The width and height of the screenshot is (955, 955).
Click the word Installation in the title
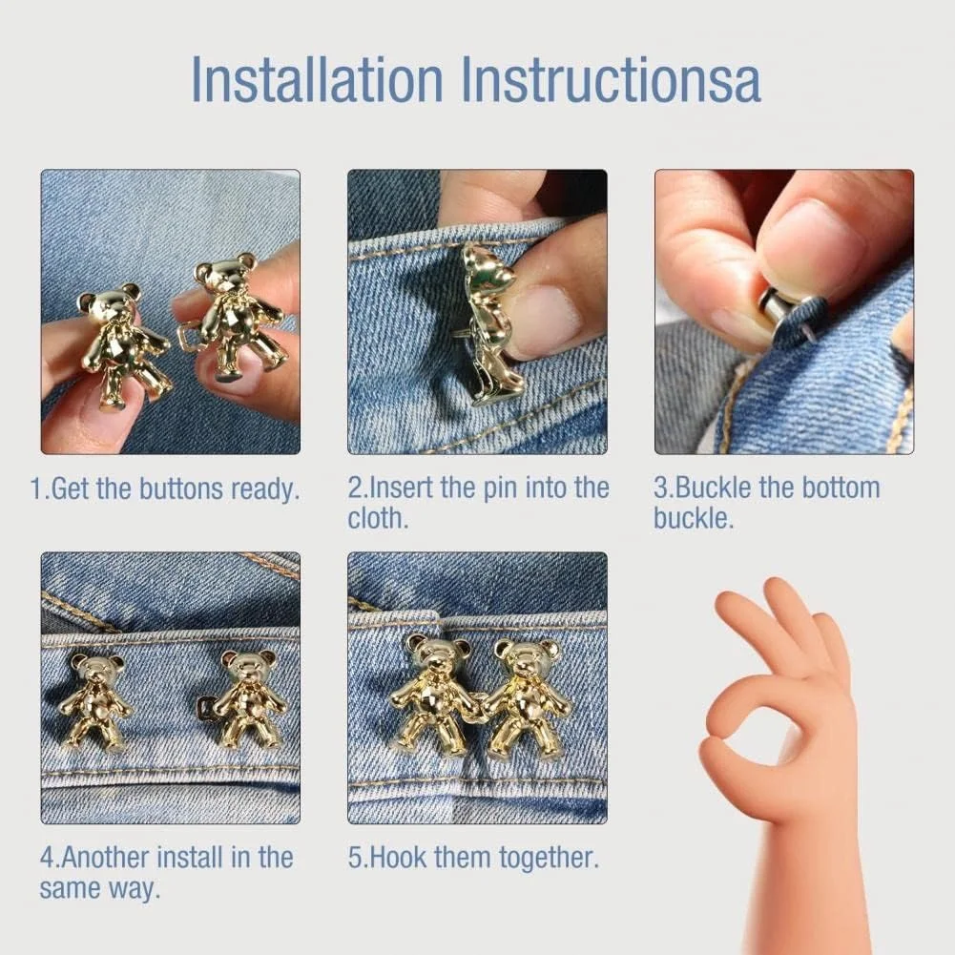pyautogui.click(x=317, y=80)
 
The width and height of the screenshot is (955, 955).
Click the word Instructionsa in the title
pyautogui.click(x=612, y=80)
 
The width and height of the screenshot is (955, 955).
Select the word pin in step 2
pyautogui.click(x=501, y=488)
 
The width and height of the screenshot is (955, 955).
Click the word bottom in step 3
pyautogui.click(x=841, y=488)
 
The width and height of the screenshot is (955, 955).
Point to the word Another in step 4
pyautogui.click(x=105, y=858)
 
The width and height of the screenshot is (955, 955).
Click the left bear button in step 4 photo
pyautogui.click(x=95, y=700)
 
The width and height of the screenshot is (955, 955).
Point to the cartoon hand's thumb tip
pyautogui.click(x=718, y=746)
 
